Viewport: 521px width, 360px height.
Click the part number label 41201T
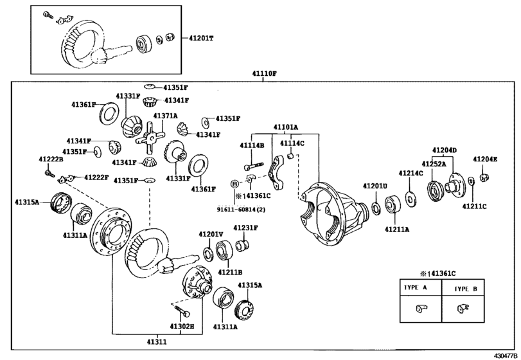click(201, 38)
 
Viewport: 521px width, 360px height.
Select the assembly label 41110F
click(264, 73)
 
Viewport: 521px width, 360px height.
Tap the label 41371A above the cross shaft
click(165, 116)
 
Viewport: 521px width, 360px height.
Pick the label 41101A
click(286, 127)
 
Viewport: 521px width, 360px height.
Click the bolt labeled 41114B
click(254, 166)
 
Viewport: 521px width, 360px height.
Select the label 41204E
click(485, 159)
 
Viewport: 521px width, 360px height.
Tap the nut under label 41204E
click(485, 177)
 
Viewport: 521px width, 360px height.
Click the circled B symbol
click(234, 184)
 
